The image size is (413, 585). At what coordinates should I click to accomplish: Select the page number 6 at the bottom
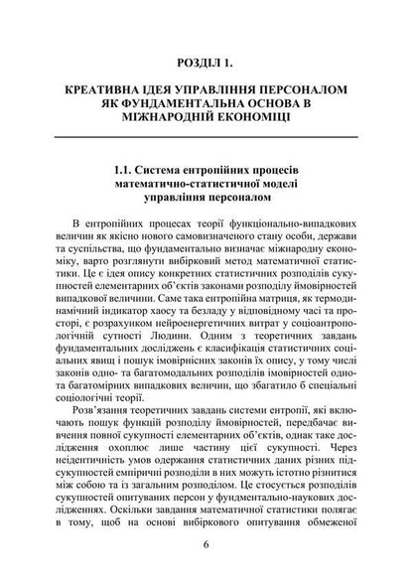coord(206,544)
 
